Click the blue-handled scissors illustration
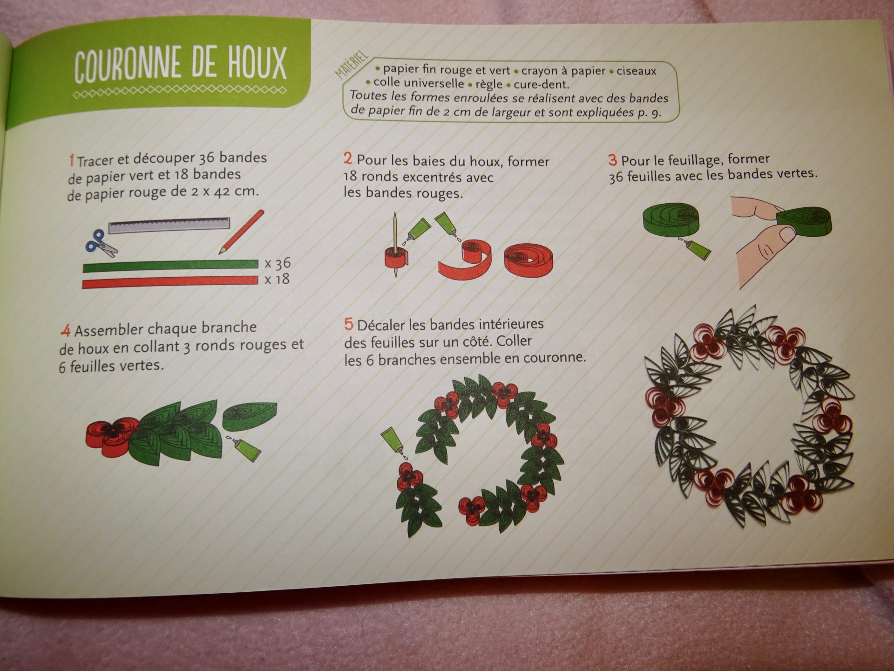[x=101, y=243]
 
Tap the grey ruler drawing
[x=169, y=225]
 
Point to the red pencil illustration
[x=241, y=232]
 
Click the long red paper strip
[x=170, y=281]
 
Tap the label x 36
[x=278, y=264]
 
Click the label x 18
[x=277, y=280]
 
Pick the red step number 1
[x=71, y=161]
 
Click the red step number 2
[x=348, y=158]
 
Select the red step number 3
[x=612, y=160]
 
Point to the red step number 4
[x=66, y=330]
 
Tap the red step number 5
[x=349, y=324]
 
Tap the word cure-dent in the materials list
[x=541, y=85]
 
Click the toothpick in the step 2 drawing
[x=395, y=245]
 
